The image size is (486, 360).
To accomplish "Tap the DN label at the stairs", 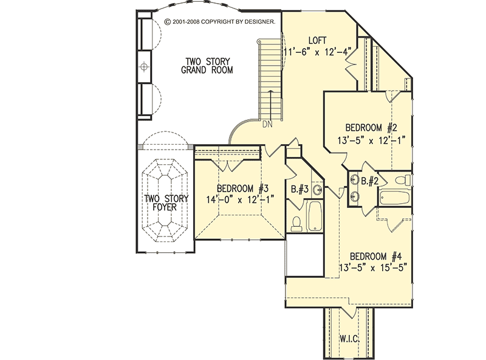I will coord(267,125).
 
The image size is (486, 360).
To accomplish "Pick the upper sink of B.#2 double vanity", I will coord(354,181).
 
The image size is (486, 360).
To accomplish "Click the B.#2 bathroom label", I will coord(371,181).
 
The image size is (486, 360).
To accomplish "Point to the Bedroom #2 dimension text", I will coord(371,139).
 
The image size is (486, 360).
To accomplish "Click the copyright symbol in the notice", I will coord(168,21).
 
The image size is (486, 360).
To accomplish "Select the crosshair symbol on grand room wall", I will coord(145,66).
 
